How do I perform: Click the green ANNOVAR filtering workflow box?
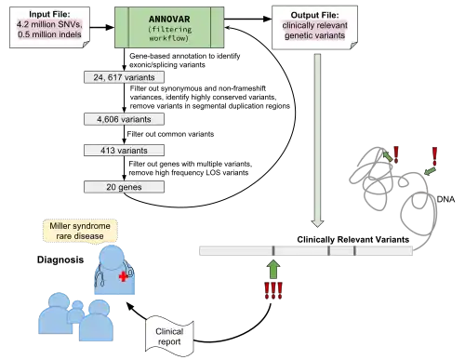pos(169,28)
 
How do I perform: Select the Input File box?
pos(49,28)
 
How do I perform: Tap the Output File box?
pos(314,27)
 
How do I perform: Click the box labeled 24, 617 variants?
pos(124,77)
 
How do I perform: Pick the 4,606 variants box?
pos(124,119)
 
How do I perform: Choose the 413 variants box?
pos(124,151)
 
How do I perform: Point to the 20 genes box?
pos(124,187)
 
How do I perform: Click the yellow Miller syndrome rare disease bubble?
pos(80,231)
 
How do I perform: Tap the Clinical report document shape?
pos(169,337)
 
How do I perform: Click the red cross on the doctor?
pos(124,276)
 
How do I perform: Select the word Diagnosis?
pos(60,260)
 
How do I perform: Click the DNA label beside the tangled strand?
pos(445,199)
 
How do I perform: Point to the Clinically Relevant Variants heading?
pos(353,239)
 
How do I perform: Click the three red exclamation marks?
pos(273,290)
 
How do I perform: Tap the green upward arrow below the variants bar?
pos(273,269)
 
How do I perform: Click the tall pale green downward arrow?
pos(317,140)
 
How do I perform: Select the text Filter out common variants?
pos(170,134)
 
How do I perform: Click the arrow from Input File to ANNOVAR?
pos(102,27)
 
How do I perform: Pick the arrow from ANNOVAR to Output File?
pos(248,19)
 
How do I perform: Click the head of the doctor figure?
pos(112,257)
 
